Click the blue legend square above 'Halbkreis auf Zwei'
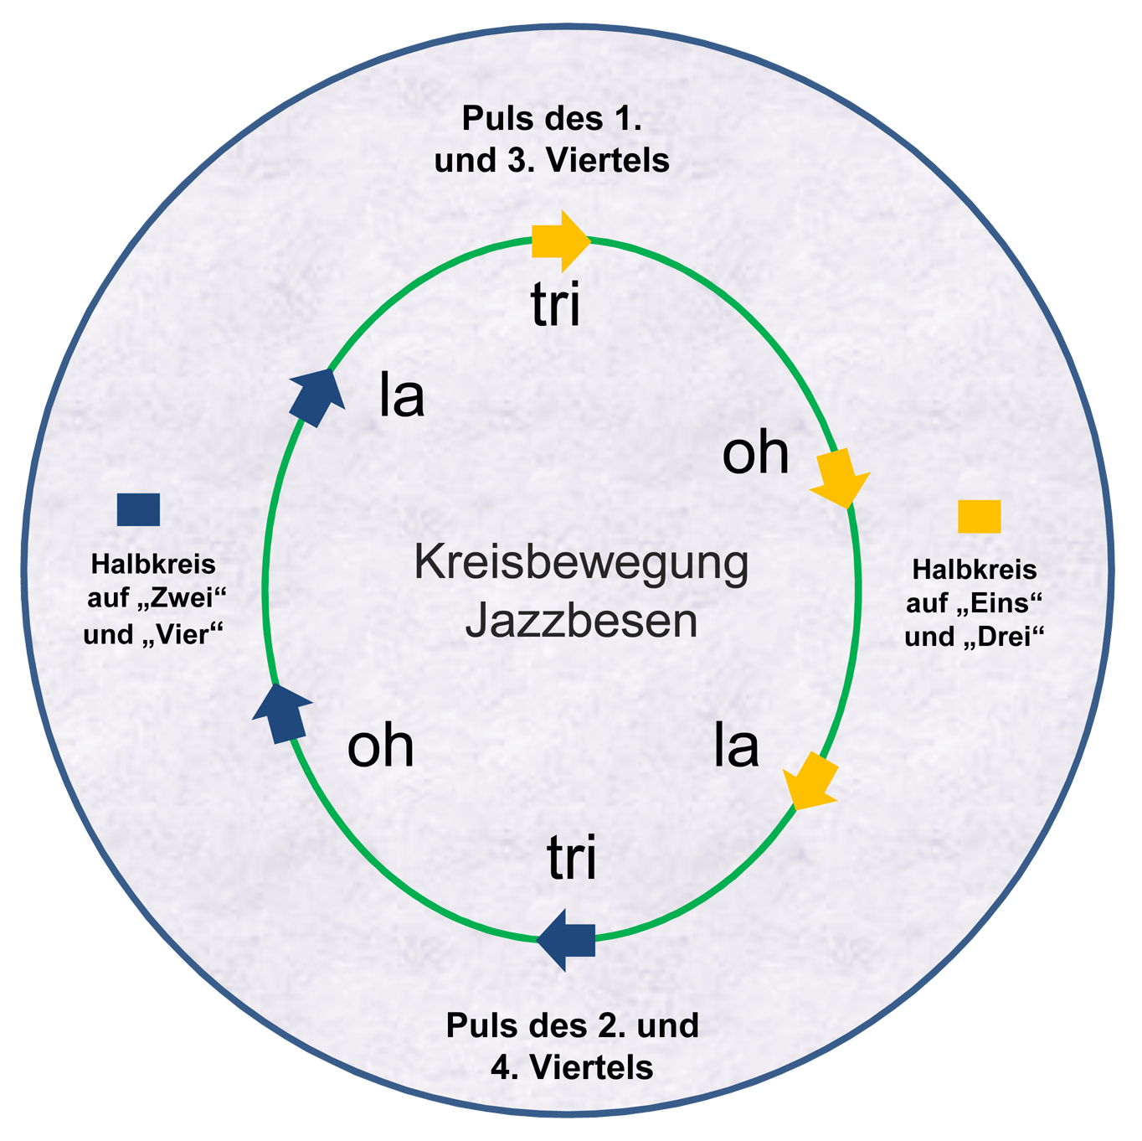click(138, 509)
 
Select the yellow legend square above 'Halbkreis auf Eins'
click(979, 516)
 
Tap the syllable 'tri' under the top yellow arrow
click(555, 307)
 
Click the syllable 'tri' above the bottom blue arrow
click(572, 859)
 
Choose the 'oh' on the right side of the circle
click(755, 453)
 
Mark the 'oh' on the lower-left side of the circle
click(380, 746)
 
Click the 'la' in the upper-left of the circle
click(402, 395)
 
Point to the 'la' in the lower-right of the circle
click(736, 746)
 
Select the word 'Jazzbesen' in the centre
click(581, 621)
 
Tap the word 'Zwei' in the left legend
click(183, 600)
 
